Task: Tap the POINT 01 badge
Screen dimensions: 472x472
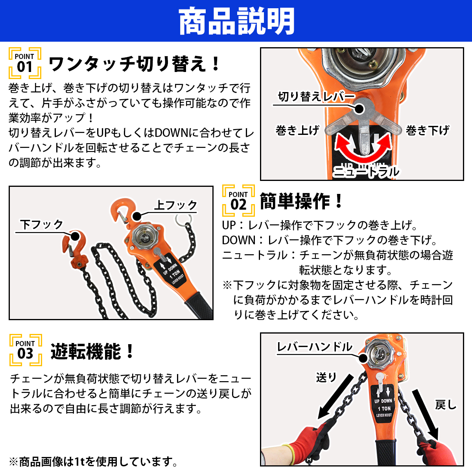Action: (x=25, y=63)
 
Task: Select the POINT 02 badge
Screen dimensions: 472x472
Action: (x=238, y=201)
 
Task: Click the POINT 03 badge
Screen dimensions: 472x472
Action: (x=26, y=350)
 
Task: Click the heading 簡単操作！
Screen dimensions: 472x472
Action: (x=301, y=201)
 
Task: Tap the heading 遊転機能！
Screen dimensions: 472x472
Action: (x=92, y=351)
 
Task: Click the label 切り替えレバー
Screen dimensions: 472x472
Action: (x=316, y=96)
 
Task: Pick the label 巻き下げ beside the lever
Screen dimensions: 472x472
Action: (x=428, y=130)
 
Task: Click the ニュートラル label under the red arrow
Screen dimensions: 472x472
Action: (x=366, y=172)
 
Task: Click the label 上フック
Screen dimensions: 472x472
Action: (x=175, y=205)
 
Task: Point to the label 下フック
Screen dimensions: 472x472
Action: (x=42, y=224)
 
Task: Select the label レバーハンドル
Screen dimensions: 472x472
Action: (x=315, y=347)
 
